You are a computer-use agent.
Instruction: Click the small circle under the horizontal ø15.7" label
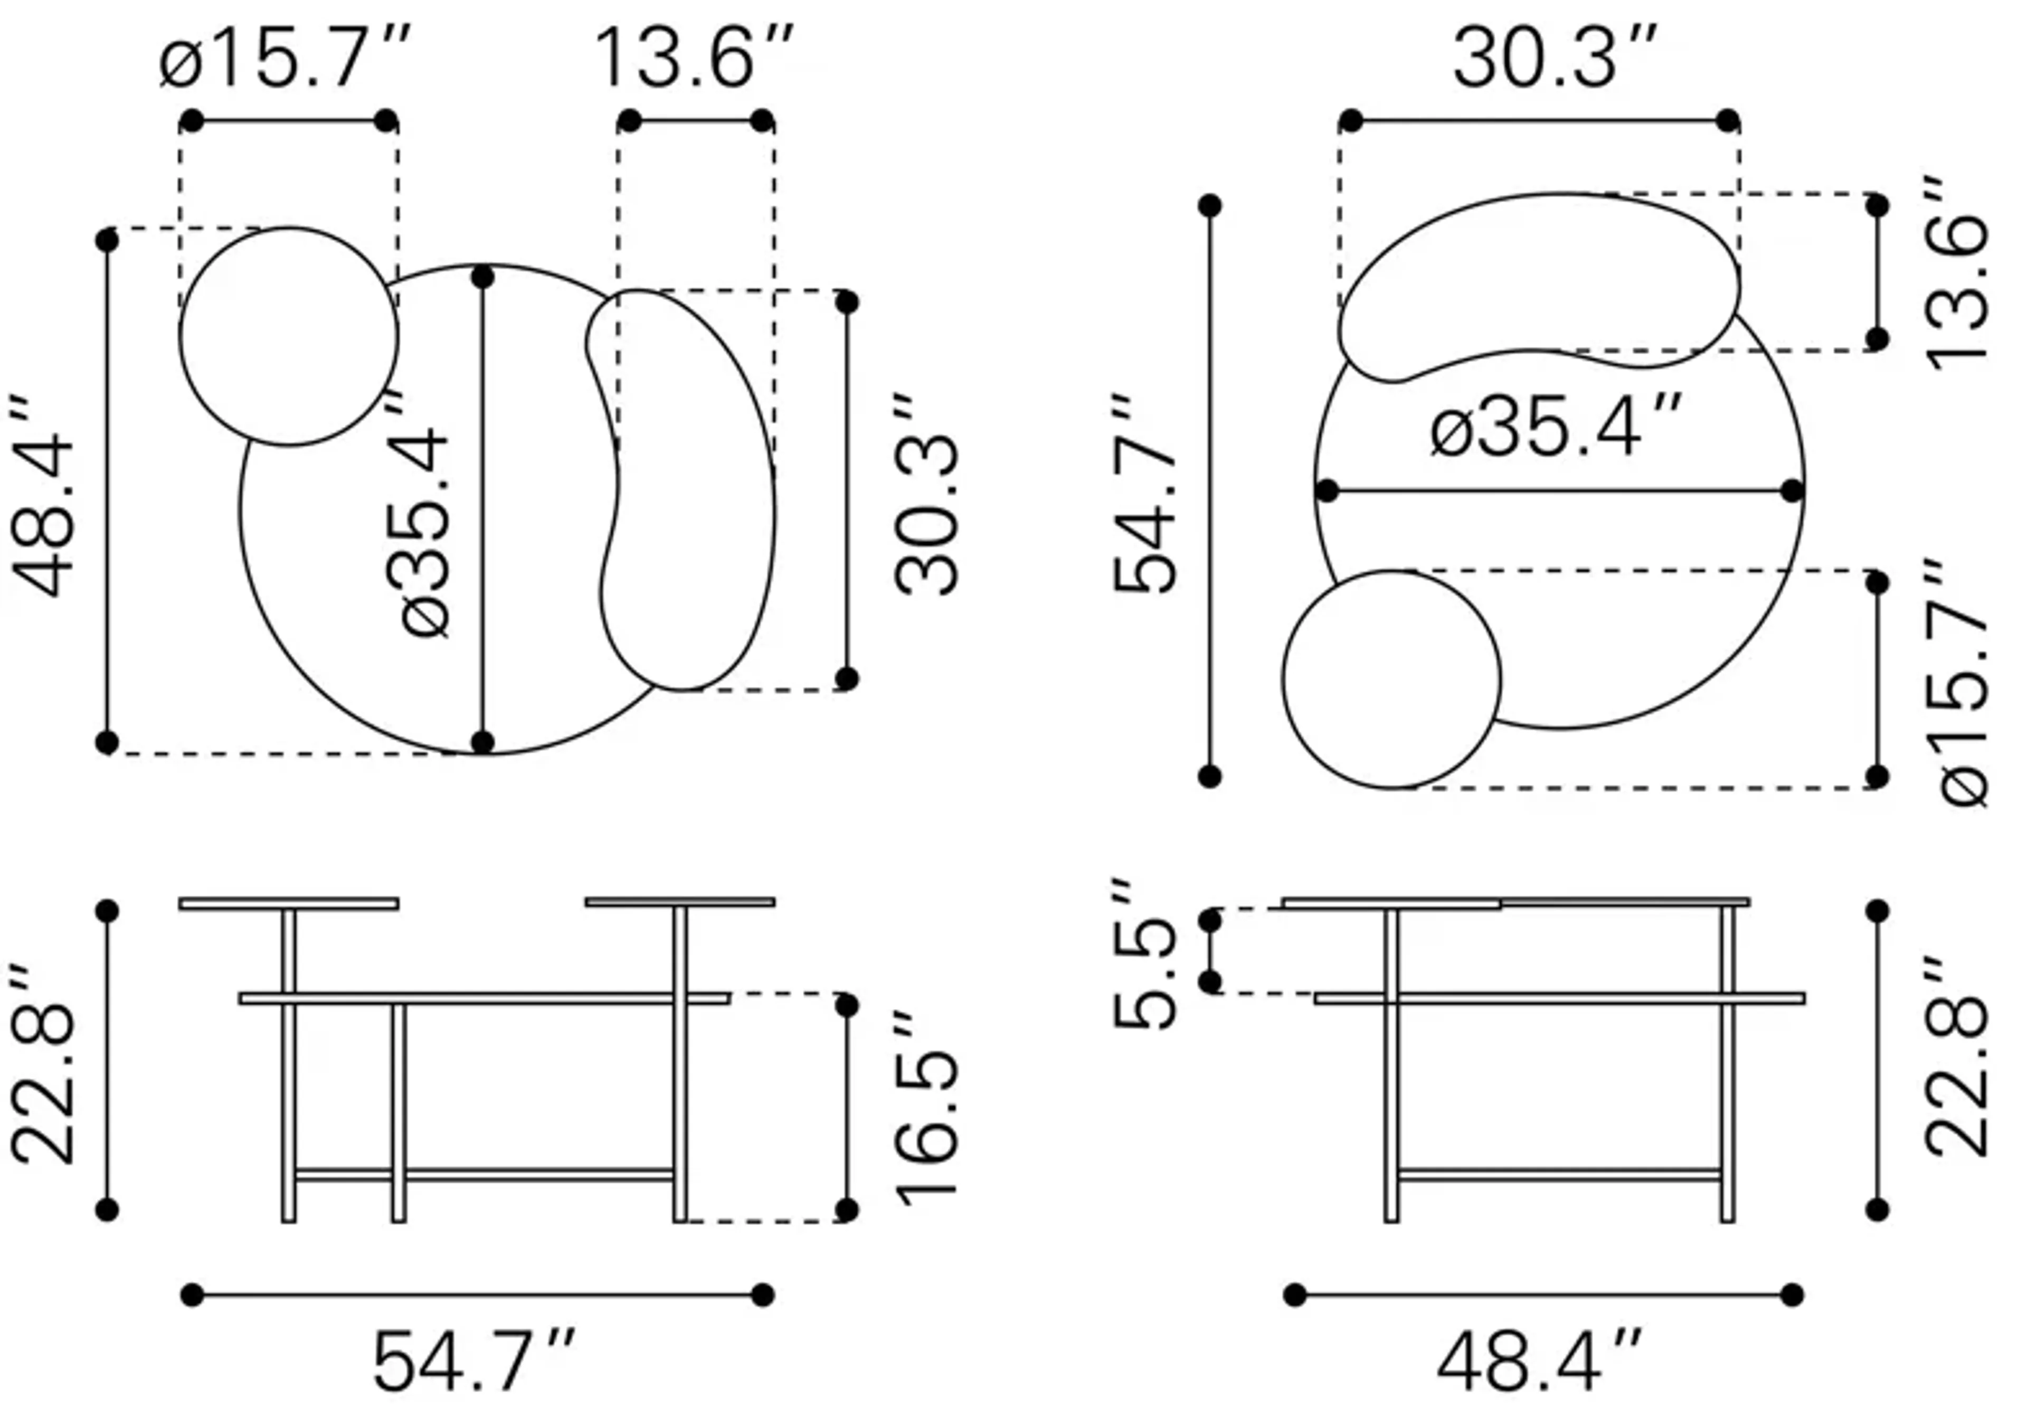tap(289, 336)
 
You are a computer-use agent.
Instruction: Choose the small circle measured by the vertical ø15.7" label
tap(1391, 679)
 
